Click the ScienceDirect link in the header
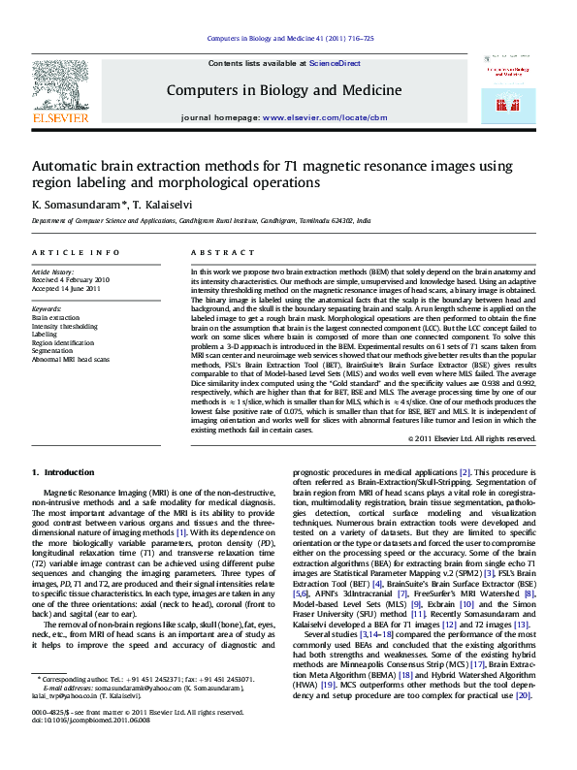click(x=335, y=63)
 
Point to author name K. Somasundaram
click(x=66, y=205)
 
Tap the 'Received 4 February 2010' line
click(x=70, y=279)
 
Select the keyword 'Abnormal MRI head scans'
click(x=71, y=359)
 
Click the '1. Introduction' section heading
click(x=63, y=472)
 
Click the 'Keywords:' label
click(x=47, y=308)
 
